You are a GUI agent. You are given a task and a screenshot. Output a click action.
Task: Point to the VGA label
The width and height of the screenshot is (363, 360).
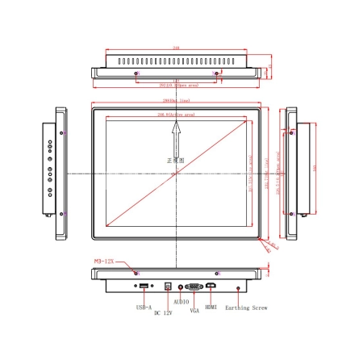click(x=194, y=309)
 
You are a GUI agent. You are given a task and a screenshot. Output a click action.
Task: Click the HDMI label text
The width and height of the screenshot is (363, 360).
click(x=211, y=307)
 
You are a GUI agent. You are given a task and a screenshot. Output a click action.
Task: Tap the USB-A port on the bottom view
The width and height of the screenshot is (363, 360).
click(x=143, y=287)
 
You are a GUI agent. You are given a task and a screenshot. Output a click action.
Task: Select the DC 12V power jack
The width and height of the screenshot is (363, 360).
click(x=168, y=286)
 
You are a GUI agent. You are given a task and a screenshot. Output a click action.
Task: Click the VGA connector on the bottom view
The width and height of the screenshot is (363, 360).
click(x=194, y=286)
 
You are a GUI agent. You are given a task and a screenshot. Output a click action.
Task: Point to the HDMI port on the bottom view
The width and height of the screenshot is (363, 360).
click(x=211, y=286)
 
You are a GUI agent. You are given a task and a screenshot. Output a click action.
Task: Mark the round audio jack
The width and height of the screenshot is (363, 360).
click(x=180, y=286)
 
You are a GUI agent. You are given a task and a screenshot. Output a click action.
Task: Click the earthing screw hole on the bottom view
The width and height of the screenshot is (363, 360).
click(x=238, y=287)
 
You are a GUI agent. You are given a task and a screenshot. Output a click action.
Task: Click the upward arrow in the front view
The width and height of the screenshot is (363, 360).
click(x=175, y=145)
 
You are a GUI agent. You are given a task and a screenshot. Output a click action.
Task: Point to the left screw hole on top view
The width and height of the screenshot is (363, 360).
click(x=136, y=73)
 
